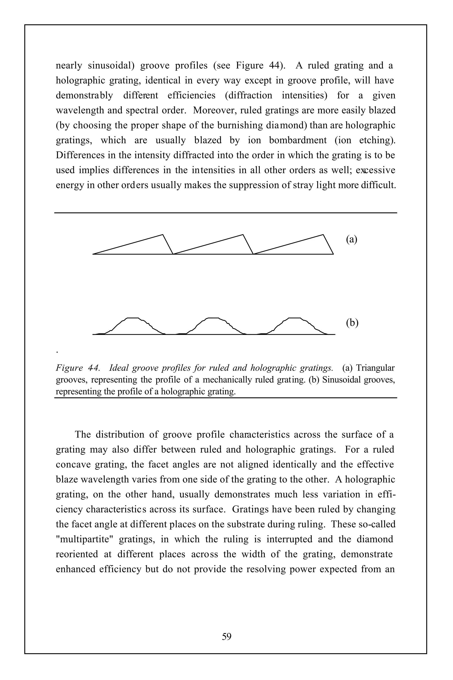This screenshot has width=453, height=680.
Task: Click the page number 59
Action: coord(226,636)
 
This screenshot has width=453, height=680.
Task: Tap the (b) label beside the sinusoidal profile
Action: coord(352,323)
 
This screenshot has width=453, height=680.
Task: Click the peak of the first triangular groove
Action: coord(163,235)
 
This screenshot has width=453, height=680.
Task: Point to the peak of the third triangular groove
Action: coord(323,235)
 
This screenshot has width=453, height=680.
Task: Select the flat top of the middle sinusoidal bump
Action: coord(213,318)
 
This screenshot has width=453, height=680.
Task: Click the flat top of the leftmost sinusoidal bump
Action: coord(133,318)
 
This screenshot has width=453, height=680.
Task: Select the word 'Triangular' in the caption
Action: coord(375,368)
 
